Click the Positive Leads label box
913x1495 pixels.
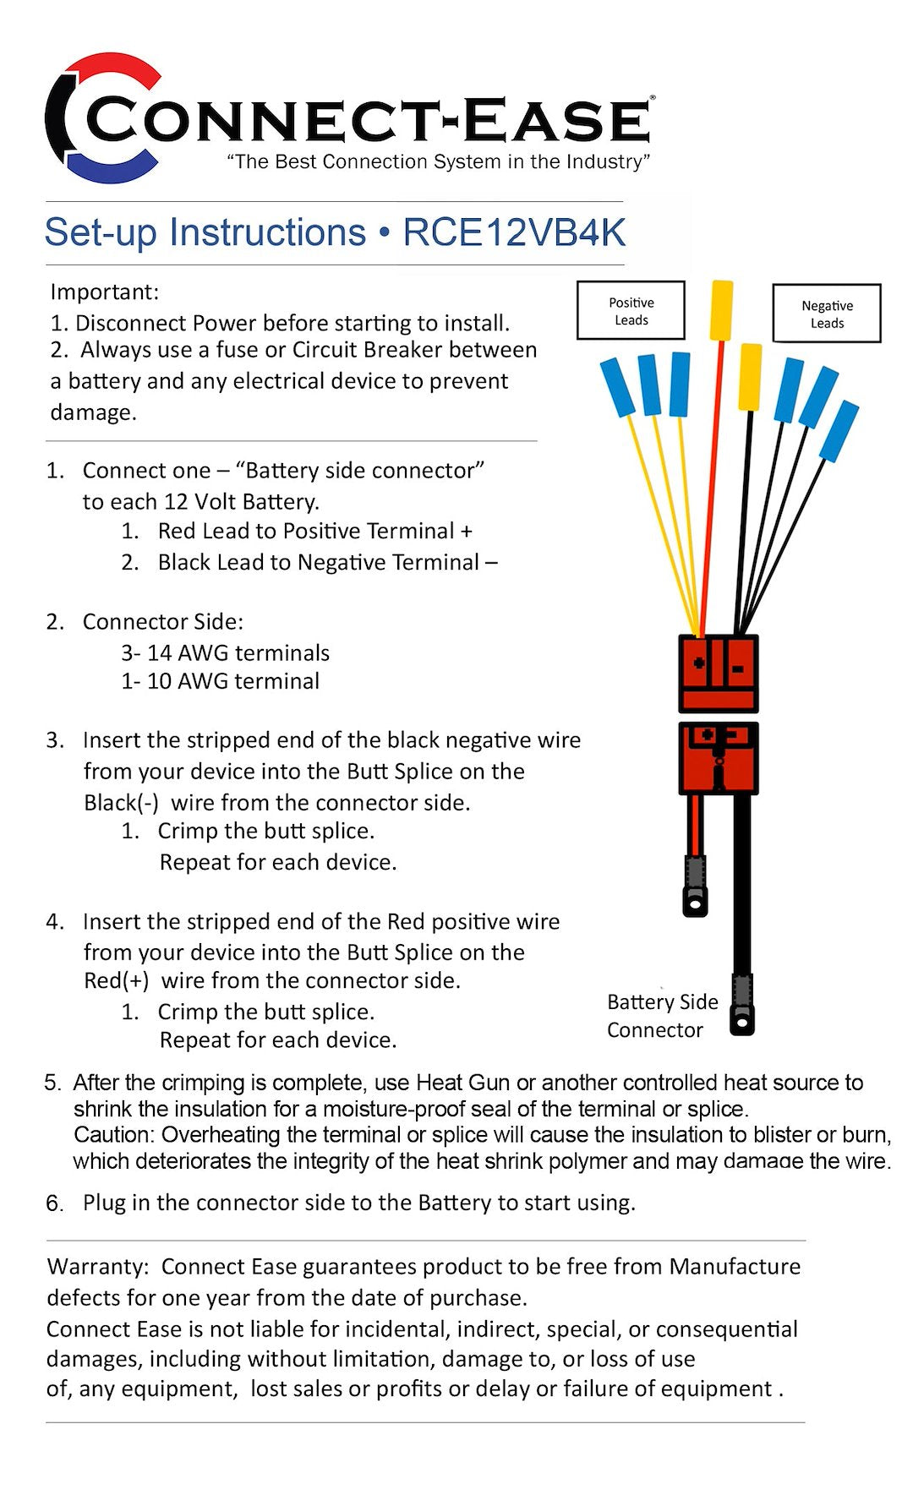point(631,311)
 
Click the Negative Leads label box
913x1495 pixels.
point(827,314)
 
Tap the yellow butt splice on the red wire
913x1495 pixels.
point(721,310)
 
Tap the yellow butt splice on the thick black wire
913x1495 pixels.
point(750,377)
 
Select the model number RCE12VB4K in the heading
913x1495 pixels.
point(514,233)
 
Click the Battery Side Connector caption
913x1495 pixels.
point(662,1016)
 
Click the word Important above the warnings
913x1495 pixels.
point(104,292)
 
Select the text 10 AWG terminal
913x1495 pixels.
point(232,681)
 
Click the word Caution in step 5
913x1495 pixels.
point(113,1134)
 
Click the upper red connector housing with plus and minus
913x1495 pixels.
point(719,674)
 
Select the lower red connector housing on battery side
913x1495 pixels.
point(719,758)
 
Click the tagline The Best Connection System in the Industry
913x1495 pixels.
point(438,161)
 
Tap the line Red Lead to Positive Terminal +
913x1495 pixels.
point(314,532)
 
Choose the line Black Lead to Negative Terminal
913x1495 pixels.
point(327,563)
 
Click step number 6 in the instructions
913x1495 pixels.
point(54,1203)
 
